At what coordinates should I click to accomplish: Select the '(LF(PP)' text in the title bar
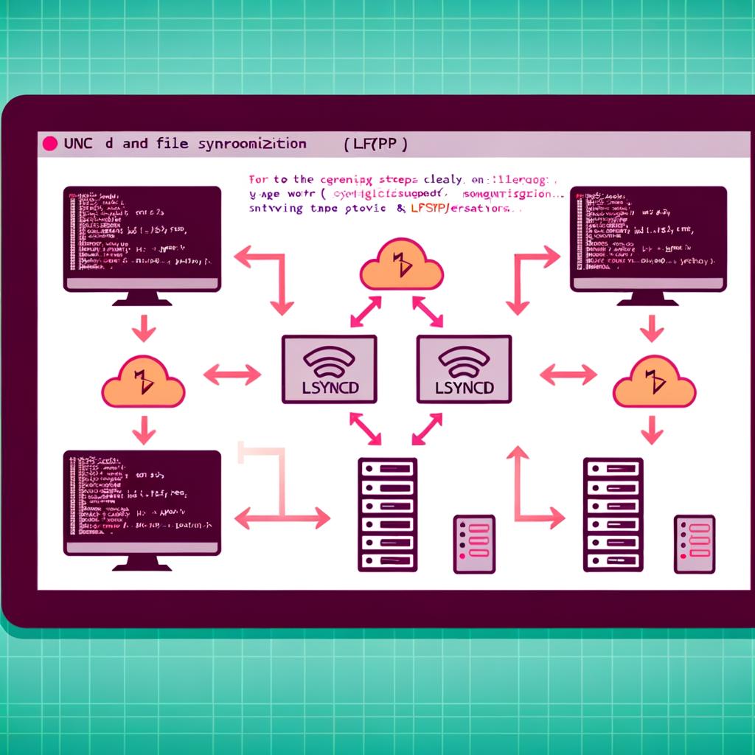(x=375, y=145)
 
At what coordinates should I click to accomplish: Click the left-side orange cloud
(x=142, y=381)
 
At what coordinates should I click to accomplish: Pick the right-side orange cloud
(x=654, y=381)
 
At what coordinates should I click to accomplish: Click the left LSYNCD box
(x=329, y=369)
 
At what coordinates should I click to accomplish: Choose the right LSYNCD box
(x=464, y=369)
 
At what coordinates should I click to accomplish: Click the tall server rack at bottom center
(x=387, y=514)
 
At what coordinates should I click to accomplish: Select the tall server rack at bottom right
(x=613, y=514)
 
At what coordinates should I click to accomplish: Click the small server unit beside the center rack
(x=473, y=544)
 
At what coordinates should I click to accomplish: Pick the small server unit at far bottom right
(x=694, y=544)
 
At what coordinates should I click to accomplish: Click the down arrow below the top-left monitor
(x=143, y=328)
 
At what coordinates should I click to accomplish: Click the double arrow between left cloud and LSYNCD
(x=232, y=375)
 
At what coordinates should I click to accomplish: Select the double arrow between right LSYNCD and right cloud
(x=568, y=375)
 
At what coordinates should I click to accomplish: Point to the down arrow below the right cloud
(x=652, y=430)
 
